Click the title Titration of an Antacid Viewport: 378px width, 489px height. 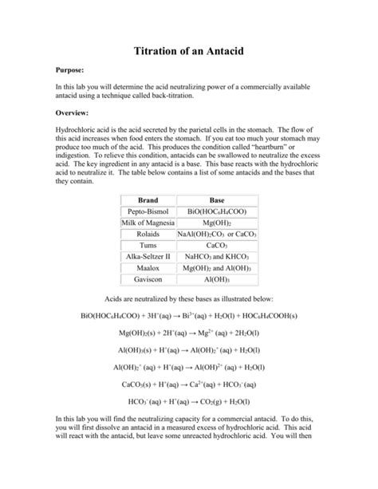coord(188,51)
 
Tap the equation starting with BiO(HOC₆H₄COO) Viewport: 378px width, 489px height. coord(189,316)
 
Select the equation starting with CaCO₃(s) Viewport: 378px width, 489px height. coord(188,384)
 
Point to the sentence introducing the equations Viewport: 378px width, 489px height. coord(189,299)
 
